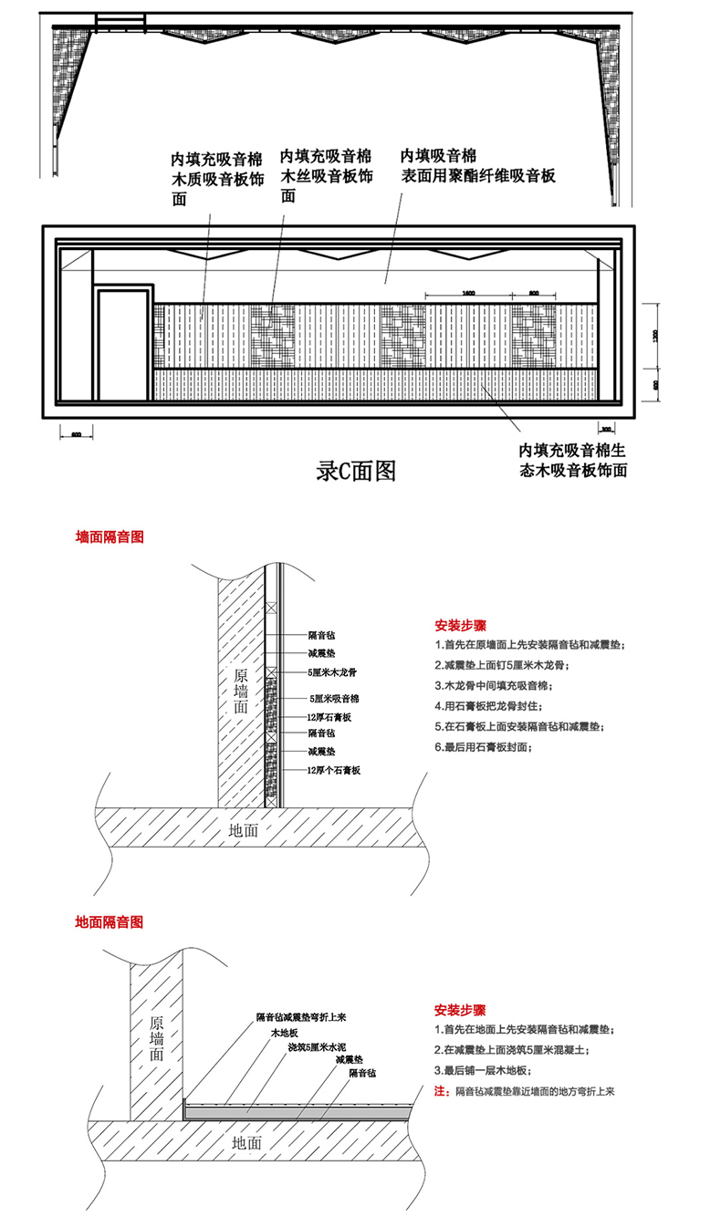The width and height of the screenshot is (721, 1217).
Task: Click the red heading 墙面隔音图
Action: point(110,537)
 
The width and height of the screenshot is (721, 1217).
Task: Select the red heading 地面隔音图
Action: point(110,922)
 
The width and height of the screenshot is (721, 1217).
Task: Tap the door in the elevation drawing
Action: point(122,345)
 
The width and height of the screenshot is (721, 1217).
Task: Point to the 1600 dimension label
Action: point(467,293)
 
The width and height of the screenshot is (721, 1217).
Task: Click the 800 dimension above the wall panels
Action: point(534,293)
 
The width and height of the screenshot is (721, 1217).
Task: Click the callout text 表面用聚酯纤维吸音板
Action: point(478,176)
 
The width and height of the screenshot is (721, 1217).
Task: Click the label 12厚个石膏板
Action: point(335,771)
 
